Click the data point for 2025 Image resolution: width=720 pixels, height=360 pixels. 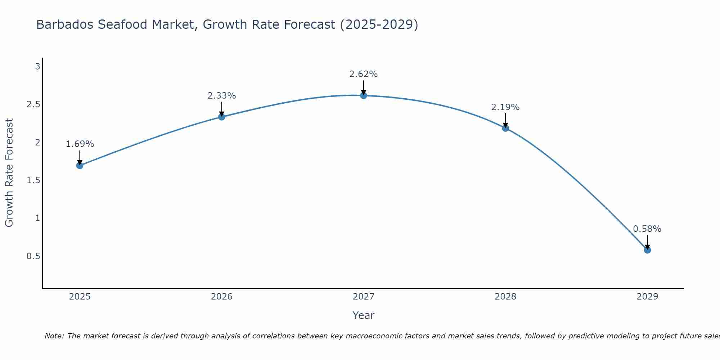click(80, 166)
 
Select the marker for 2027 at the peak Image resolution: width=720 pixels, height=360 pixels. click(364, 95)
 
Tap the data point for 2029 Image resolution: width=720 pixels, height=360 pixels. click(647, 250)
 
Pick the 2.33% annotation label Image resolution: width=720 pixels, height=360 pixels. click(222, 96)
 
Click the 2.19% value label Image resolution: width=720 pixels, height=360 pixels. click(505, 107)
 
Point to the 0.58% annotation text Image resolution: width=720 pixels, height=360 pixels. click(647, 229)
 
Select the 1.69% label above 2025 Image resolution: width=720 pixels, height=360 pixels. click(80, 144)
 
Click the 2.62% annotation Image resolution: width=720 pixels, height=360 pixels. click(364, 74)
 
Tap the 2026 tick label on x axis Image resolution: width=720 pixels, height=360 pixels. click(222, 297)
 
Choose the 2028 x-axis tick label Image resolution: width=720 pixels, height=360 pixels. click(505, 297)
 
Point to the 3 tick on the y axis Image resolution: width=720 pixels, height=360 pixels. click(37, 67)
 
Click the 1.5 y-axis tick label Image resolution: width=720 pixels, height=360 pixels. click(33, 180)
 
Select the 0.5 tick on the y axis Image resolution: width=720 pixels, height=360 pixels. click(33, 256)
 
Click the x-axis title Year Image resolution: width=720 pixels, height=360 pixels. click(364, 315)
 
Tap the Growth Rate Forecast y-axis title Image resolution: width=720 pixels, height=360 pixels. click(9, 173)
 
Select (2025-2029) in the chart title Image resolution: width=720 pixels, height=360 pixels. click(379, 25)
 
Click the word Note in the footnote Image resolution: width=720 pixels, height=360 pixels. click(54, 336)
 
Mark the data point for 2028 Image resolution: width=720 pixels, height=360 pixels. click(505, 128)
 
